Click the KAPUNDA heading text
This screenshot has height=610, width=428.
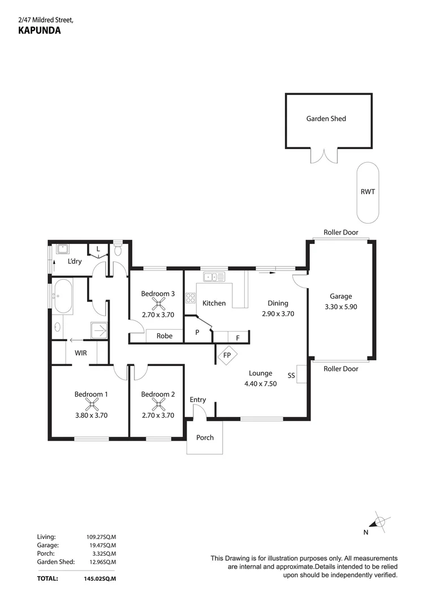coord(39,32)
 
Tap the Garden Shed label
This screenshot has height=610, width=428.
coord(326,119)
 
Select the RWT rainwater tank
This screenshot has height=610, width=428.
coord(368,192)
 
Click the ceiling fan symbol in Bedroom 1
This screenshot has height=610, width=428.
coord(91,404)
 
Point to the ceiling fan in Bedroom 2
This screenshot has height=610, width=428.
coord(158,404)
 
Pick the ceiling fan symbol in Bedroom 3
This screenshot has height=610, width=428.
coord(158,303)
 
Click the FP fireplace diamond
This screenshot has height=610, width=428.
coord(227,356)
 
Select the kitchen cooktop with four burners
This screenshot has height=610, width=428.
coord(191,298)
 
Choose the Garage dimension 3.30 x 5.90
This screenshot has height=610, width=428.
coord(340,307)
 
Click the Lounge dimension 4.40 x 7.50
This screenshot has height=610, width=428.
coord(261,384)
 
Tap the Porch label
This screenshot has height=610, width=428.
coord(205,437)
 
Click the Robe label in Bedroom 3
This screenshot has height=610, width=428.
coord(165,335)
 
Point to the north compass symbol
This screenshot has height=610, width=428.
coord(380,522)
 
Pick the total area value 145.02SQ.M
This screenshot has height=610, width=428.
coord(100,578)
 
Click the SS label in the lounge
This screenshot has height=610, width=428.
coord(291,374)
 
